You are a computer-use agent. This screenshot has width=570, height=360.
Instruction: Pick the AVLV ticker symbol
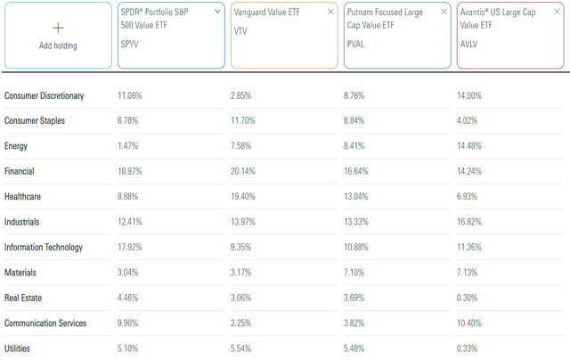tap(469, 56)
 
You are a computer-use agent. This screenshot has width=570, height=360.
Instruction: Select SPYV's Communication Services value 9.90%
tap(132, 322)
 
